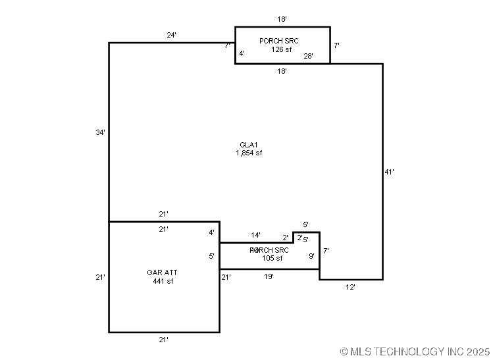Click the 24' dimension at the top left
tap(171, 36)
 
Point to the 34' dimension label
tap(100, 132)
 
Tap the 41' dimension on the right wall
tap(389, 172)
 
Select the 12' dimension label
tap(351, 287)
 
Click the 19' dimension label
tap(269, 276)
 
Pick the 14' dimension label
tap(255, 235)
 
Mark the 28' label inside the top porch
tap(308, 56)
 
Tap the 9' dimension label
tap(311, 256)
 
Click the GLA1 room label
tap(249, 145)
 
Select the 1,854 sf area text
tap(249, 153)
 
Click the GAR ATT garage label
tap(162, 272)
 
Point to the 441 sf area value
tap(162, 281)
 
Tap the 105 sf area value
tap(272, 258)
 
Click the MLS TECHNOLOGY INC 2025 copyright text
tap(415, 352)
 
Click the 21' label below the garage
tap(163, 340)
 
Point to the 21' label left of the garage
tap(100, 277)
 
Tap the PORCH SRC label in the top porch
tap(278, 41)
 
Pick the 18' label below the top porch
tap(282, 71)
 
